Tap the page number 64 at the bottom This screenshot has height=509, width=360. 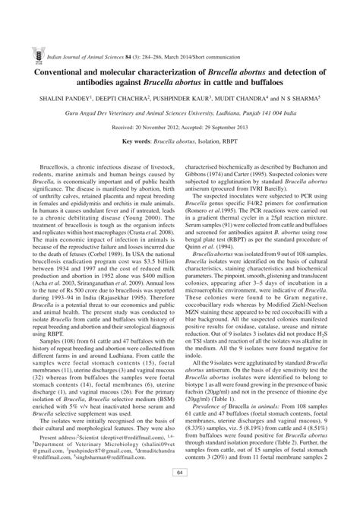tap(180, 495)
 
